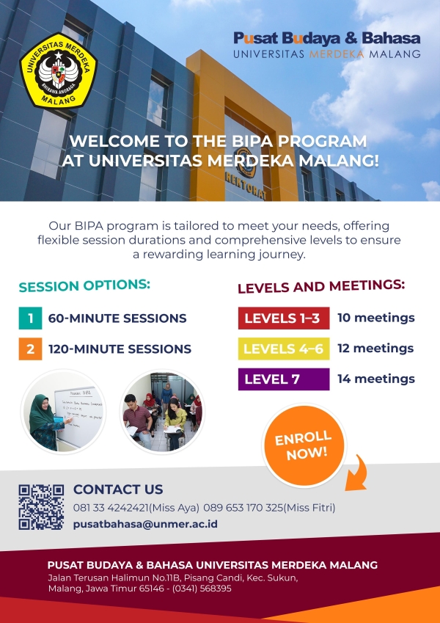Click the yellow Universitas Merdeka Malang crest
point(59,71)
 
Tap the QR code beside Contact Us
point(41,507)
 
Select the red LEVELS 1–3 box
point(284,318)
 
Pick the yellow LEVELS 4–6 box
point(284,349)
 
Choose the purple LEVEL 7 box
point(284,379)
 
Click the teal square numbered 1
point(30,318)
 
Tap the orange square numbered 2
point(30,349)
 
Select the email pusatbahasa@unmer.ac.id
point(145,524)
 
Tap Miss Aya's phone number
point(111,508)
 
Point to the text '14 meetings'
point(376,379)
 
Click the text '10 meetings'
point(376,318)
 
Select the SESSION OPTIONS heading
point(84,285)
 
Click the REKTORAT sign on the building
point(246,185)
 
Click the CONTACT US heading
point(118,489)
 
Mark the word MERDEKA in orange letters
point(337,54)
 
